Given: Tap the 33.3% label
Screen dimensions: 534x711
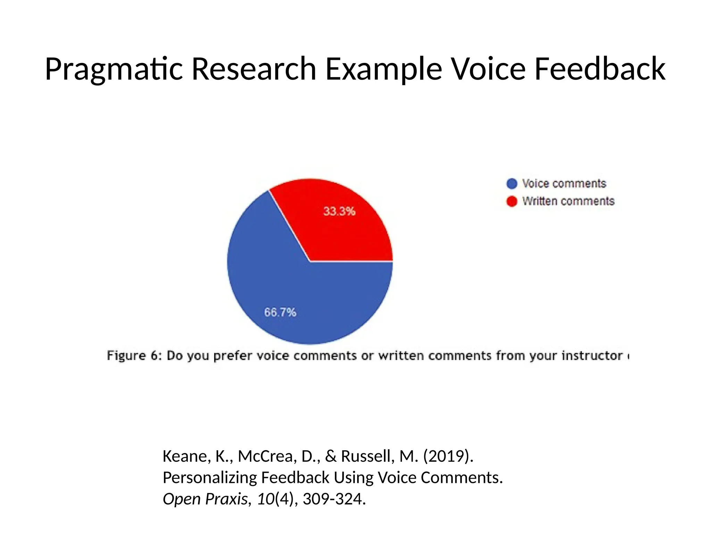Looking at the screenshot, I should point(339,211).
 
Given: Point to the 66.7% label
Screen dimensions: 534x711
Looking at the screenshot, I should point(280,312).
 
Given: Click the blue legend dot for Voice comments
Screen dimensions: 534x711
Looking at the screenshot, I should point(512,184).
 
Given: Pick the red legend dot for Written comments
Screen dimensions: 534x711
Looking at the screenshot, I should point(512,201).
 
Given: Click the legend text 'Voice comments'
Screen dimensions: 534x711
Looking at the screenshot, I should point(564,184).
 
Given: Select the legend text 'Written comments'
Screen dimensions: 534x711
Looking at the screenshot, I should point(568,201).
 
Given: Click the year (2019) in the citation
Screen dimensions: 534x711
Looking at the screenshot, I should point(448,456).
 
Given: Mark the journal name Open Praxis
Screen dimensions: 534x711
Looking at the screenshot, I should point(205,499).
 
